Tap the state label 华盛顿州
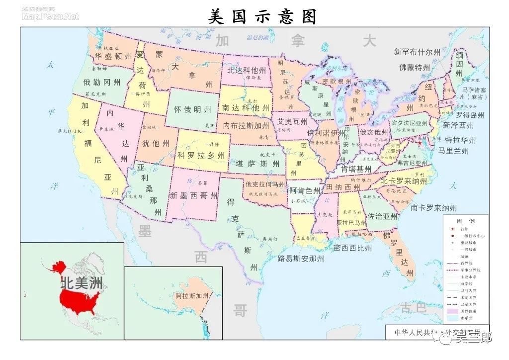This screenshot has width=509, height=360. [x=113, y=57]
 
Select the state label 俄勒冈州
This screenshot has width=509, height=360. [x=101, y=83]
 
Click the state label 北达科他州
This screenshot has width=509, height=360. [x=247, y=70]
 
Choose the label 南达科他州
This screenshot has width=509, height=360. [x=246, y=107]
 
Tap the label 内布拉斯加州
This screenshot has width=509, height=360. [x=247, y=125]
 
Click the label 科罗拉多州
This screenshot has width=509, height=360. [x=201, y=155]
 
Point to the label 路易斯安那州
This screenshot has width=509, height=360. [x=301, y=259]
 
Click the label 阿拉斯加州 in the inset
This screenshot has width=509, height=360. [x=192, y=296]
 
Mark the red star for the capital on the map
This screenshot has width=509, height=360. [x=420, y=143]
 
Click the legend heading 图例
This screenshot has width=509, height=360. [x=466, y=221]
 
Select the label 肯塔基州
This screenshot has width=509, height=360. [x=356, y=169]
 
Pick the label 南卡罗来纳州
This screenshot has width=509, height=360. [x=433, y=208]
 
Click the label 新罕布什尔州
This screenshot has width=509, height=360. [x=417, y=52]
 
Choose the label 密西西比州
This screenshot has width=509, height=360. [x=352, y=248]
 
